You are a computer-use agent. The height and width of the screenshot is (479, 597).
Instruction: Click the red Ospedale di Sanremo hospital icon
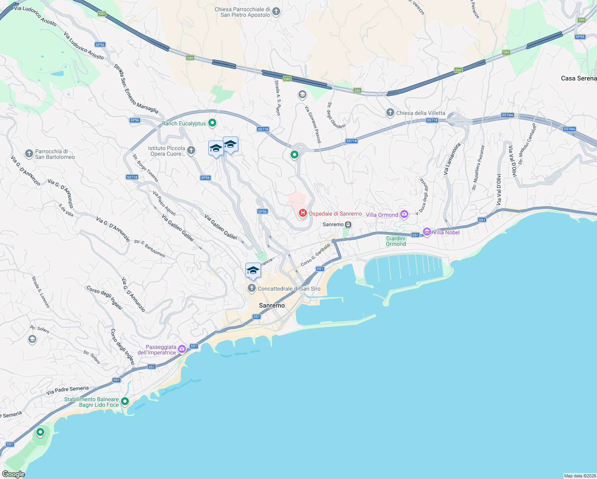(302, 214)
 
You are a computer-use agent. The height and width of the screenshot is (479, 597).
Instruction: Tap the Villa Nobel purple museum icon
(427, 232)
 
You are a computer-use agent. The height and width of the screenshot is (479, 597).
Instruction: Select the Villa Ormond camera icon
(404, 215)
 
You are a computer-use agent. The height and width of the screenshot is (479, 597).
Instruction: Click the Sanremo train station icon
(348, 225)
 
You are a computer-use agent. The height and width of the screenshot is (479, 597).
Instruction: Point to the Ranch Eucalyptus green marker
(212, 123)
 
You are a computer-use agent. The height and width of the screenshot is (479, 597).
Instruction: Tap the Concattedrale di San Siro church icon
(252, 288)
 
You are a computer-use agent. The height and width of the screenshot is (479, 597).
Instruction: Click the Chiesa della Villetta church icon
(390, 113)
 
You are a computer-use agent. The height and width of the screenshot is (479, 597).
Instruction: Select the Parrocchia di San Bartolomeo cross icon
(29, 154)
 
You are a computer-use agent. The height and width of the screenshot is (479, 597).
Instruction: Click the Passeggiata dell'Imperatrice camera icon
(182, 349)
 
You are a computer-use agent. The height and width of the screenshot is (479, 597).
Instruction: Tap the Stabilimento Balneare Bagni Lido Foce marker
(125, 401)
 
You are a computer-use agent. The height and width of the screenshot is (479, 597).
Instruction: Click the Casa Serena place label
(578, 78)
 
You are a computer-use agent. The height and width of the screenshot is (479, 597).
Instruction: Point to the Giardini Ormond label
(395, 241)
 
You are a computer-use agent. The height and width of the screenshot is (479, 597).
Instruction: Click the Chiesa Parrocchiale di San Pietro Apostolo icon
(276, 12)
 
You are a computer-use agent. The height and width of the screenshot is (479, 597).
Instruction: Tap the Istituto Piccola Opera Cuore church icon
(191, 150)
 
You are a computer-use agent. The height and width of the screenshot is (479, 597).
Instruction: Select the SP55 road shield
(580, 37)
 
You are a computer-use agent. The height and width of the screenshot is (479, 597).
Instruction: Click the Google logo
(13, 474)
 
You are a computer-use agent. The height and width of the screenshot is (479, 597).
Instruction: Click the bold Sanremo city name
(272, 305)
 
